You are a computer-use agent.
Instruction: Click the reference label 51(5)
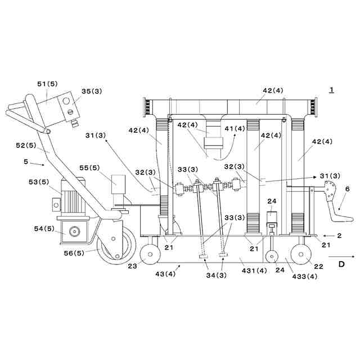47,84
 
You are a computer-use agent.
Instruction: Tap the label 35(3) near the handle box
92,91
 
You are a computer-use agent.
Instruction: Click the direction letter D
341,263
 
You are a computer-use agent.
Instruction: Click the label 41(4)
235,129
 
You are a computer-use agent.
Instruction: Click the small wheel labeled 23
149,254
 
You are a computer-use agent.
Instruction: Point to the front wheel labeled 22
301,254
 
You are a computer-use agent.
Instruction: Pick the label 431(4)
254,271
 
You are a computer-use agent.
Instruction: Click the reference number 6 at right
347,189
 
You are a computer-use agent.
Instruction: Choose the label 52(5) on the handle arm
26,145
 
